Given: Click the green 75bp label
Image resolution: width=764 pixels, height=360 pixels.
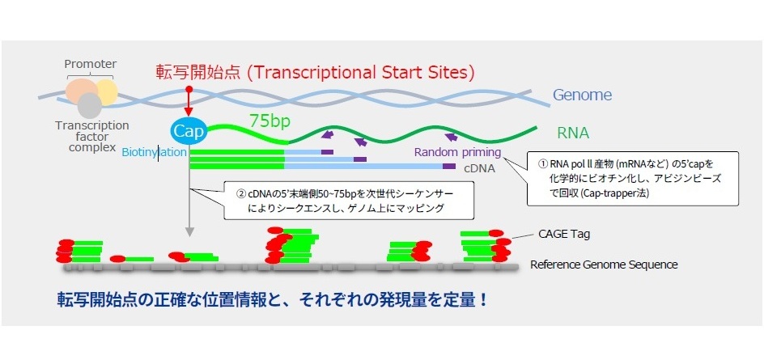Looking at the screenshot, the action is pyautogui.click(x=270, y=121).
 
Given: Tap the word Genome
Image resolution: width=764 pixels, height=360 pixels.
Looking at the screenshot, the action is pyautogui.click(x=582, y=95).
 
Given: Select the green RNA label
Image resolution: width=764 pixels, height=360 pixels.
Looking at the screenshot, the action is pyautogui.click(x=573, y=133).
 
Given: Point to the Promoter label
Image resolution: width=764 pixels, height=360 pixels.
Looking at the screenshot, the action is pyautogui.click(x=91, y=64).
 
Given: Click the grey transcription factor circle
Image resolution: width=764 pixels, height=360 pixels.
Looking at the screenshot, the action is pyautogui.click(x=89, y=105).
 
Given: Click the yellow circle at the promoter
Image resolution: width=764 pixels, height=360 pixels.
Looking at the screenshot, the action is pyautogui.click(x=107, y=91).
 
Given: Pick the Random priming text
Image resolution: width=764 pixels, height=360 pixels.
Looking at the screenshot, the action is pyautogui.click(x=457, y=152).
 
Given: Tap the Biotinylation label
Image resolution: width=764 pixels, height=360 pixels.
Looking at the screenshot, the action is pyautogui.click(x=154, y=152).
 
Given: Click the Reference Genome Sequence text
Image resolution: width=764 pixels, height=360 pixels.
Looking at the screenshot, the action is pyautogui.click(x=604, y=265).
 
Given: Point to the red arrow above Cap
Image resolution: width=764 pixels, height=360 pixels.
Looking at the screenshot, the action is pyautogui.click(x=189, y=104).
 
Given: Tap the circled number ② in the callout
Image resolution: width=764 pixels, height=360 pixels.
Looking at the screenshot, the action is pyautogui.click(x=240, y=193).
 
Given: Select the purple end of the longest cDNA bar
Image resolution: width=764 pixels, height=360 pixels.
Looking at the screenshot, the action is pyautogui.click(x=448, y=166).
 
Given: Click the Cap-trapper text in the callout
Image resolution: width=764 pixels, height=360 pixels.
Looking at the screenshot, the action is pyautogui.click(x=611, y=193).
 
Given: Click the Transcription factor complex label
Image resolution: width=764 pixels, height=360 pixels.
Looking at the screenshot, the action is pyautogui.click(x=92, y=137).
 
